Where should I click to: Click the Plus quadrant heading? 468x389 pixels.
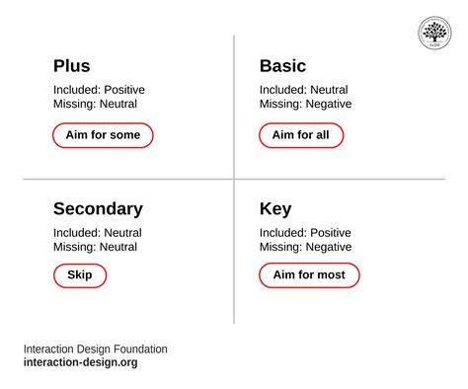71,66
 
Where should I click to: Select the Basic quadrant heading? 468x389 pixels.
282,66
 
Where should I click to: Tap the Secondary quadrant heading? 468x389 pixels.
98,209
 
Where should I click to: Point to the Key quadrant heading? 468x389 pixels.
274,209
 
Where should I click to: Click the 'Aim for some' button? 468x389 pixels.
103,135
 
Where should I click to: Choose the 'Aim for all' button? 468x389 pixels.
301,135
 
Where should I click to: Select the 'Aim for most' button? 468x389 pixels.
309,275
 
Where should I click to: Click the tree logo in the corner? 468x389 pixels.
434,33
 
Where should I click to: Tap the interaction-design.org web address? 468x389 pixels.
81,362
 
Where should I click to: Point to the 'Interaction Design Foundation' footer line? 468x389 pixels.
96,349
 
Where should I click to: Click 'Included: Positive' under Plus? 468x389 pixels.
99,90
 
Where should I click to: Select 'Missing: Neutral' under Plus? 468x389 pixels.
95,104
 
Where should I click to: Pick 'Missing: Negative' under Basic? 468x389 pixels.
305,104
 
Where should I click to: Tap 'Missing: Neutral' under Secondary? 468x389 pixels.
95,247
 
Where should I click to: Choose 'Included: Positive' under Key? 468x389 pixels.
305,233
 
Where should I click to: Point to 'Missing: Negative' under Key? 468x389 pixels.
305,247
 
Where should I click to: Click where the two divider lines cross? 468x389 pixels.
234,180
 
